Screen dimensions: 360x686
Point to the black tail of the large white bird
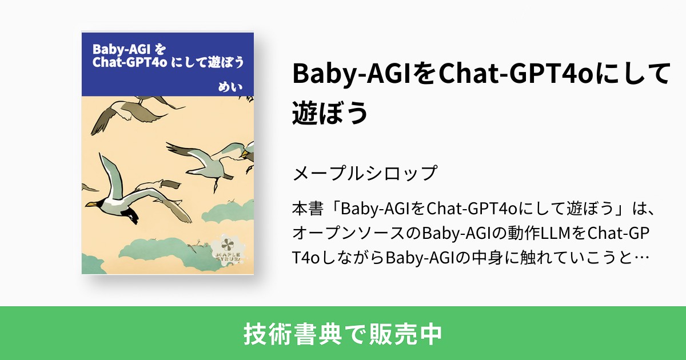131,215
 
